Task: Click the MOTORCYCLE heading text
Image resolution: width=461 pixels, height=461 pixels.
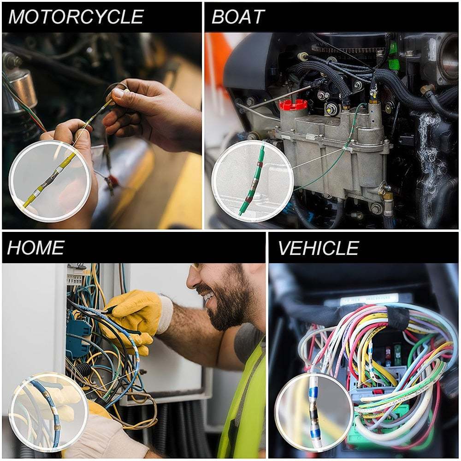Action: (77, 17)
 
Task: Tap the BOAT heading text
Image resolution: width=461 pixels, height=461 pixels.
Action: (238, 17)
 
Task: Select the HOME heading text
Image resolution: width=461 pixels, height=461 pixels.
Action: (36, 248)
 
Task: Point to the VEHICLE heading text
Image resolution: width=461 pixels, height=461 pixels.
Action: (319, 248)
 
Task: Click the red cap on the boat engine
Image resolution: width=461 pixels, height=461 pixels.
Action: (293, 105)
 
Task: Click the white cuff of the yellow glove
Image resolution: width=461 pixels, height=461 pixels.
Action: (165, 314)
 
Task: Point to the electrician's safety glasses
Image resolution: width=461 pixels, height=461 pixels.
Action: (198, 267)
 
